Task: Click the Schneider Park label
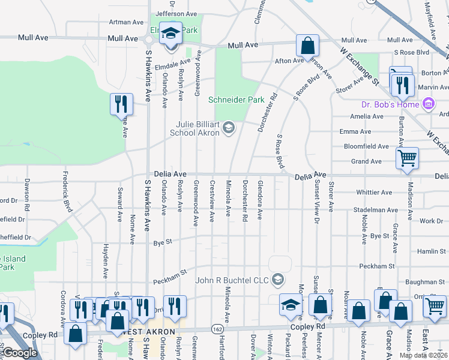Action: [236, 100]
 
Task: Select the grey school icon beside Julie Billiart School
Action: [228, 127]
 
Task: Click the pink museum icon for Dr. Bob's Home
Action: [429, 104]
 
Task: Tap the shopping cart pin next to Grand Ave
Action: [407, 158]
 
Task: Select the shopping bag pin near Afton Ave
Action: [307, 45]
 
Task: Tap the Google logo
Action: [20, 353]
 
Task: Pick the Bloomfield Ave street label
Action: [366, 146]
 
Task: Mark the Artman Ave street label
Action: [127, 22]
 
